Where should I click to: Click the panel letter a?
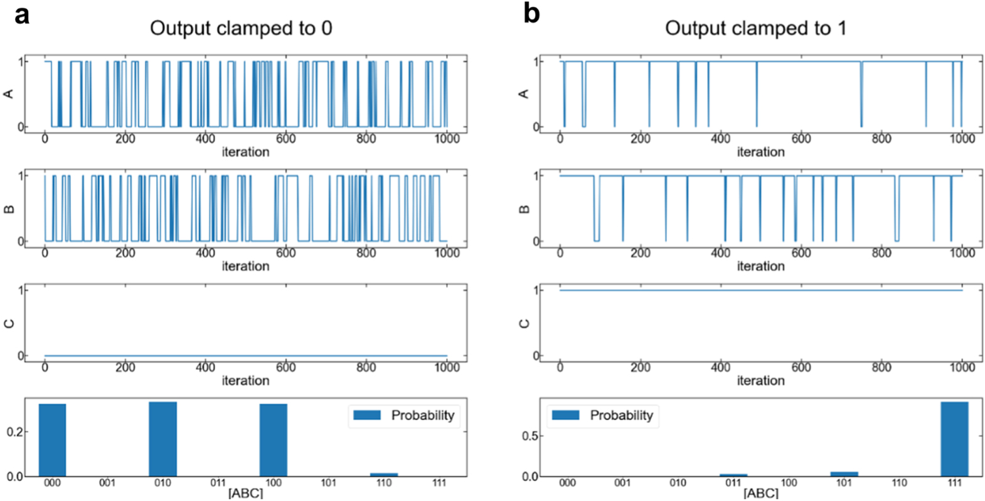tap(21, 14)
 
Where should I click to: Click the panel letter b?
tap(531, 14)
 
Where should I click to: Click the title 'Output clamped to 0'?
tap(241, 28)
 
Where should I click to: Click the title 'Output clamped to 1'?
tap(755, 28)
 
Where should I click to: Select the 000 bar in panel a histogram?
tap(52, 440)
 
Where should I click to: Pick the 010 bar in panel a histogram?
tap(162, 439)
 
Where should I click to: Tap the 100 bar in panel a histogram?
tap(274, 440)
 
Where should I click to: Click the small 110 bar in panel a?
tap(384, 475)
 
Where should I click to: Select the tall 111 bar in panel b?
tap(954, 439)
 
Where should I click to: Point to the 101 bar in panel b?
tap(844, 474)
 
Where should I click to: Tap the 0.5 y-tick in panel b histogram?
tap(530, 436)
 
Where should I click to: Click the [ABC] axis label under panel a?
tap(245, 493)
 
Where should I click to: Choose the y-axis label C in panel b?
tap(524, 323)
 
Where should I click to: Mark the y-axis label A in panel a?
tap(9, 94)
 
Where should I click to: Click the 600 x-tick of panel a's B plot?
tap(285, 253)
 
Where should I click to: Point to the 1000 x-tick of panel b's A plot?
tap(962, 139)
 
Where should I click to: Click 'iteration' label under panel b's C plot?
tap(760, 380)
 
